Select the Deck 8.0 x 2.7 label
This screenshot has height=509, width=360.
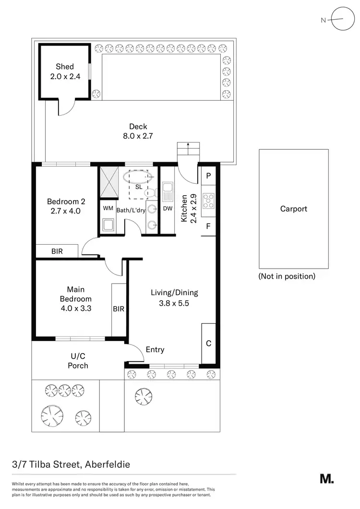(x=138, y=131)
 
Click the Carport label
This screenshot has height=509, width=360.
(x=293, y=209)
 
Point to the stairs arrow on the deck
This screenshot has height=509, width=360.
(x=187, y=147)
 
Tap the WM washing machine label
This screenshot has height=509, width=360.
(x=108, y=208)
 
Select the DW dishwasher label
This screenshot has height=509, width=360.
(x=168, y=208)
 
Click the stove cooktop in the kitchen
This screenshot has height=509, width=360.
(x=209, y=200)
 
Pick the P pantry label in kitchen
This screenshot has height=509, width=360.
(x=209, y=176)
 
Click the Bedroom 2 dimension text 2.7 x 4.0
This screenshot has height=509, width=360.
(x=65, y=211)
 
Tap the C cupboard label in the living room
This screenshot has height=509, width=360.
(x=209, y=343)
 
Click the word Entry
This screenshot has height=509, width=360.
(x=155, y=350)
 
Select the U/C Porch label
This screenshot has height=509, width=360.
(x=78, y=361)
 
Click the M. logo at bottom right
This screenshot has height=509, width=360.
(x=326, y=478)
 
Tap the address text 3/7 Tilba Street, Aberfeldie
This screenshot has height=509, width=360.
(x=71, y=464)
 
